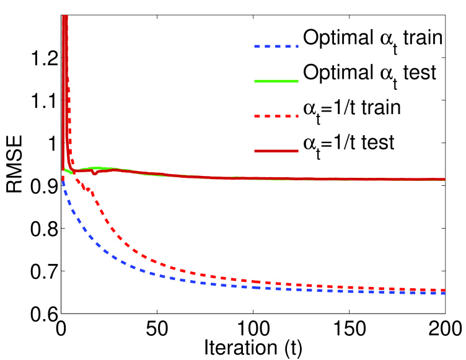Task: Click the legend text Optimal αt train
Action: [372, 40]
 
